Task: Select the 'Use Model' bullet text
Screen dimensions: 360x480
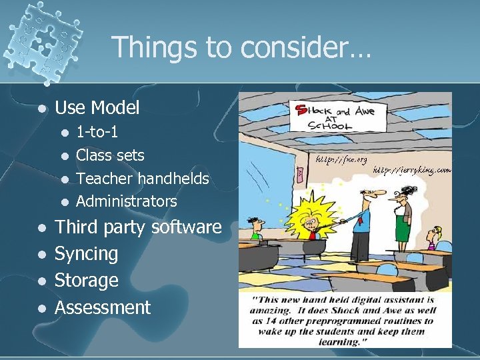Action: click(x=97, y=107)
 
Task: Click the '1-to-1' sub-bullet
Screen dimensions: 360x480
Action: click(x=97, y=132)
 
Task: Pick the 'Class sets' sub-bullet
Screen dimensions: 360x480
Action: click(x=110, y=155)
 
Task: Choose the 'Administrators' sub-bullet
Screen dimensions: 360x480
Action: click(x=127, y=201)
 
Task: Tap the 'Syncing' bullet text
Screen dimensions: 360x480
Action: click(x=86, y=254)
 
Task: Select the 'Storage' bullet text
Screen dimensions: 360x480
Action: click(x=86, y=280)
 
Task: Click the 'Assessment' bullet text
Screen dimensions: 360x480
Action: click(x=103, y=307)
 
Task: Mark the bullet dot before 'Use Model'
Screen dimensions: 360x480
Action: click(x=42, y=108)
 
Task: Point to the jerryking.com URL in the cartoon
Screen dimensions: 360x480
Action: click(x=412, y=171)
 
